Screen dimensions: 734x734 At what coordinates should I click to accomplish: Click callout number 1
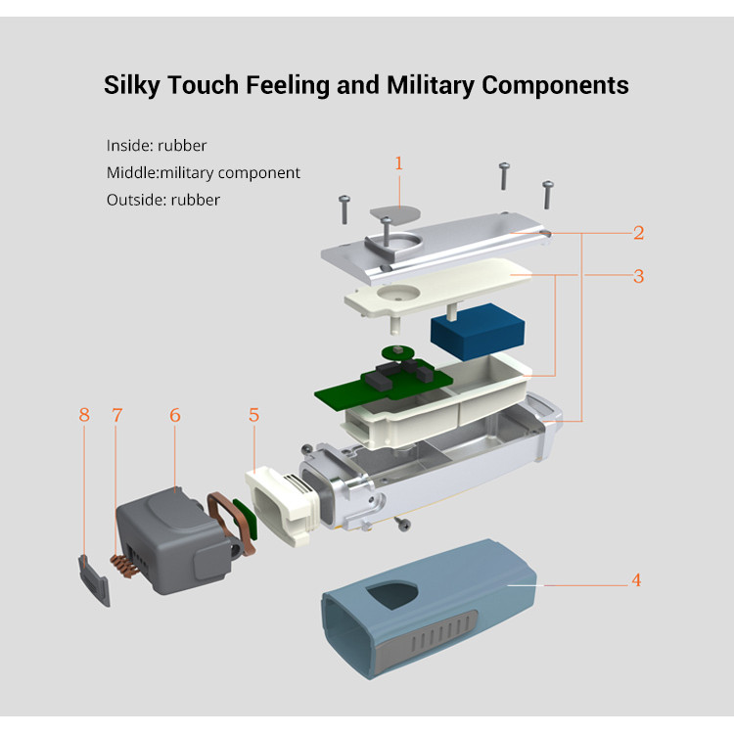click(x=398, y=163)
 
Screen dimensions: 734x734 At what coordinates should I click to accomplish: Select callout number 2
click(x=638, y=233)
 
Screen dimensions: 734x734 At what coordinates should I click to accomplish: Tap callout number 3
click(x=638, y=276)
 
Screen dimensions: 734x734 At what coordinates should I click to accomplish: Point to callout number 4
click(x=636, y=580)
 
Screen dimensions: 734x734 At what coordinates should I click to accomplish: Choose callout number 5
click(x=253, y=415)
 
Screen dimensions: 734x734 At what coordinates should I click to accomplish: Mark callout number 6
click(x=175, y=415)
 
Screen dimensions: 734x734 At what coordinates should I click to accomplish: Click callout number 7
click(x=117, y=415)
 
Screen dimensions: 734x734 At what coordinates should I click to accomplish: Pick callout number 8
click(x=84, y=415)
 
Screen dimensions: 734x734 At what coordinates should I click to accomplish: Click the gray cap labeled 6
click(x=166, y=533)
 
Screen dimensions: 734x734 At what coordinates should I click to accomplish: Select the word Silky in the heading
click(x=134, y=85)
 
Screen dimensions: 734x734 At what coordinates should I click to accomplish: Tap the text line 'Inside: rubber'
click(x=157, y=146)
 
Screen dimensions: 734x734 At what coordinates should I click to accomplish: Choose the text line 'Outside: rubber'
click(x=163, y=200)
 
